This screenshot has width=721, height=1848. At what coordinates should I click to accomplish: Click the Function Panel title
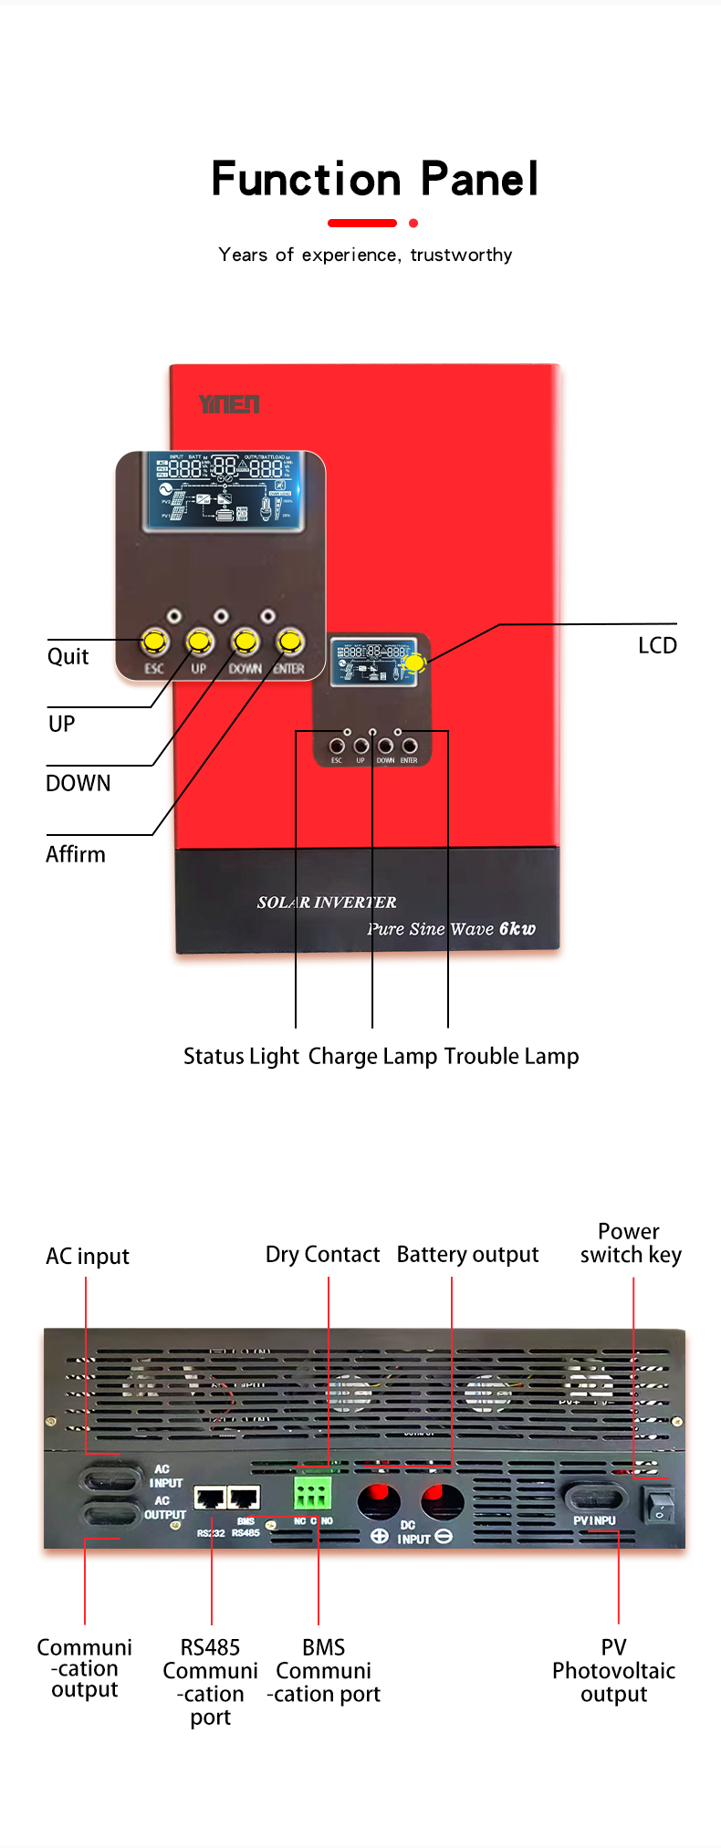374,179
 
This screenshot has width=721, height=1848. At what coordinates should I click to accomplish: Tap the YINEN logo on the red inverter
229,404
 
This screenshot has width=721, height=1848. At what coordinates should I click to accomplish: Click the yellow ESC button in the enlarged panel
154,642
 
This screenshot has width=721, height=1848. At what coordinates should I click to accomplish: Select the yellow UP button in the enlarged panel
199,642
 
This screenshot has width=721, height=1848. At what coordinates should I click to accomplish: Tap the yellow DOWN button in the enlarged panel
245,642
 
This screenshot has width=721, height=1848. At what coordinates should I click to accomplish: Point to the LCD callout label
657,646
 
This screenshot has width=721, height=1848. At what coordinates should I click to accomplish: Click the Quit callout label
68,657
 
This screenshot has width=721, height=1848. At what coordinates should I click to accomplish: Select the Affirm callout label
76,855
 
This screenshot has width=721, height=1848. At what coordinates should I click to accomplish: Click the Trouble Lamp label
511,1057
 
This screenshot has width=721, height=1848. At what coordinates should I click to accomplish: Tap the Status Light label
241,1057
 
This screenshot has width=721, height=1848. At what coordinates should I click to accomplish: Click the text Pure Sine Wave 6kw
451,929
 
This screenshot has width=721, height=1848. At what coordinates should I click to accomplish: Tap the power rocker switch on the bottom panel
659,1505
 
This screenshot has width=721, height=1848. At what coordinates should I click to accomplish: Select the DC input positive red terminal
378,1501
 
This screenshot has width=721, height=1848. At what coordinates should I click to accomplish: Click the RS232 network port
211,1498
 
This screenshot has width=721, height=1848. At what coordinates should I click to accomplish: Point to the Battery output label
467,1255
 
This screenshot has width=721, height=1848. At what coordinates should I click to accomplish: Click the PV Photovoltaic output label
613,1671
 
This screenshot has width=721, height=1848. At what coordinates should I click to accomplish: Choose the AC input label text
88,1257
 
